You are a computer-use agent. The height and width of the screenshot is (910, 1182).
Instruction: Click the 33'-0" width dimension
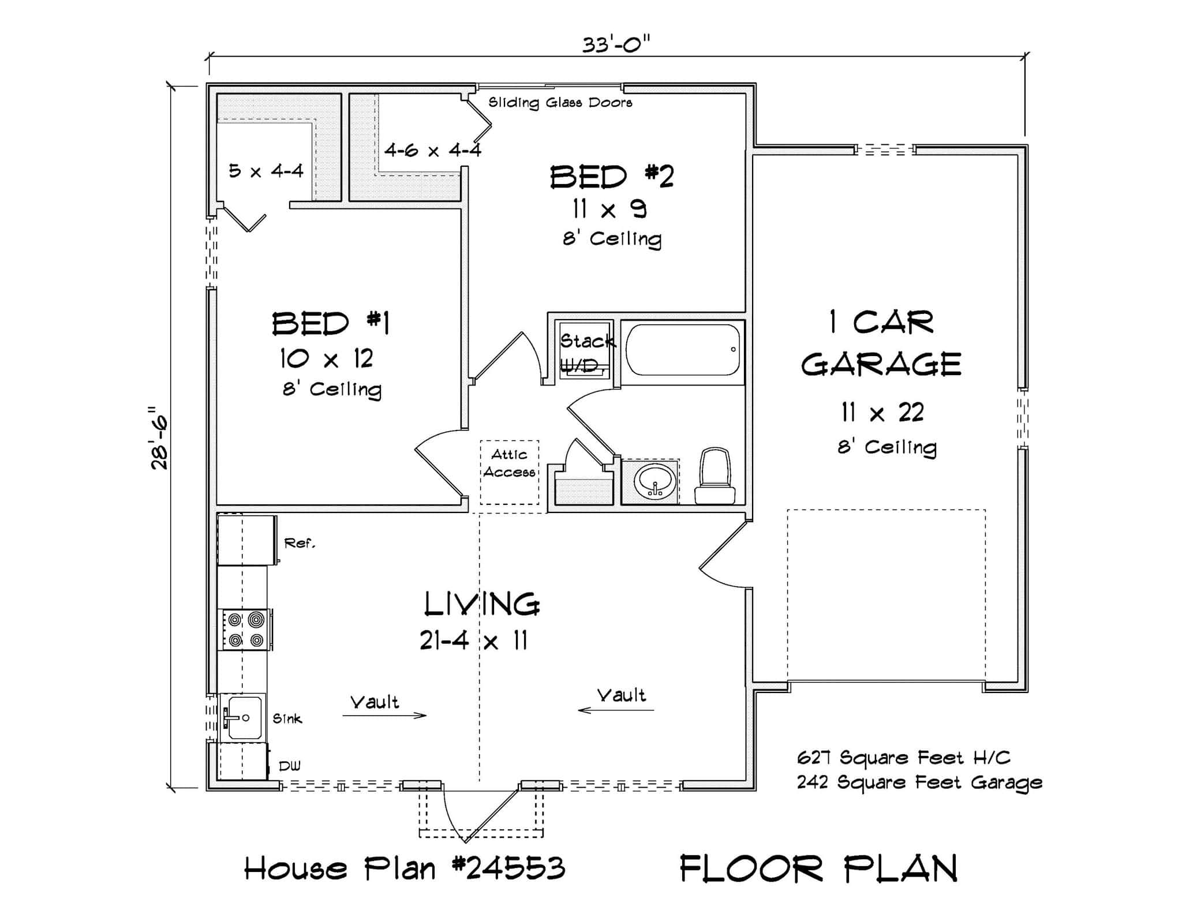(x=616, y=44)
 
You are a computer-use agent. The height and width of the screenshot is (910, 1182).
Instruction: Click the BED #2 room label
(x=612, y=177)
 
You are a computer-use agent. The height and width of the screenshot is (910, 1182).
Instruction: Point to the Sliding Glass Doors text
(x=560, y=103)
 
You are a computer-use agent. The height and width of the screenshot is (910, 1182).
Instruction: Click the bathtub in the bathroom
(x=683, y=350)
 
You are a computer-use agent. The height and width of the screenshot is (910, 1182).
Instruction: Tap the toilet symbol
(x=715, y=476)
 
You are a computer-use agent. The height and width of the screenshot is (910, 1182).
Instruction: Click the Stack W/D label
(x=585, y=352)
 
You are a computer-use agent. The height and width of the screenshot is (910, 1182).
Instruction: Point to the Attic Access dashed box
(x=509, y=471)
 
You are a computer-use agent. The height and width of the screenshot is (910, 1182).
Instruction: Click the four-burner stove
(x=245, y=630)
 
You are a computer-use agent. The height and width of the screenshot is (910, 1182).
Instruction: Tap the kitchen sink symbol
(x=243, y=717)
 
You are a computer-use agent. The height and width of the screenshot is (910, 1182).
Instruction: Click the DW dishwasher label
(x=289, y=766)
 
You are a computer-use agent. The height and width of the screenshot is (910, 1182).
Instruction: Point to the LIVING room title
(x=482, y=604)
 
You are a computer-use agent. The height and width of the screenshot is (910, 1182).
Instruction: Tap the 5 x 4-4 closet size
(x=265, y=171)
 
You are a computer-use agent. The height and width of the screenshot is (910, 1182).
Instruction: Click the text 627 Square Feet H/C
(x=903, y=757)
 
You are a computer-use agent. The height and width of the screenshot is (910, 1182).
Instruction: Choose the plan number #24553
(x=508, y=868)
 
